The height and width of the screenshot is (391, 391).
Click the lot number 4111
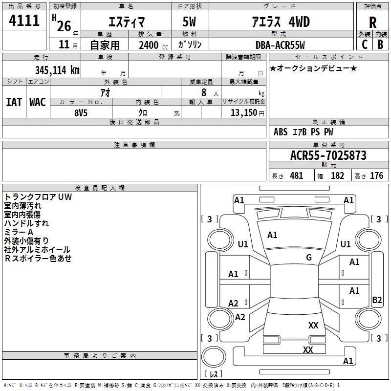click(24, 20)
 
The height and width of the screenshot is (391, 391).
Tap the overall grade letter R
click(372, 22)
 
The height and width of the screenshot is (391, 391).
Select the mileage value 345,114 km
click(57, 70)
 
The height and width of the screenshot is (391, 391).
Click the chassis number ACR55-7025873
click(328, 155)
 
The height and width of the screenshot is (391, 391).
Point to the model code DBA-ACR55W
click(280, 45)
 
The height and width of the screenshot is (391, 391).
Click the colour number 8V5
click(81, 113)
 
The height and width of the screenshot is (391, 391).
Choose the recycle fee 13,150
click(243, 112)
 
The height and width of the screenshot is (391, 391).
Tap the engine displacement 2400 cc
click(153, 45)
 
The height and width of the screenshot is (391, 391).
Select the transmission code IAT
click(14, 102)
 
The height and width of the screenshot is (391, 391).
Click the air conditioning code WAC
click(38, 102)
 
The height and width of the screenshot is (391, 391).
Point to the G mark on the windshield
click(309, 257)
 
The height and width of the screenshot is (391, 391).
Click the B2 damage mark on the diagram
click(377, 300)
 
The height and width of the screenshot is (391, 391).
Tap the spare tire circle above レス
click(214, 357)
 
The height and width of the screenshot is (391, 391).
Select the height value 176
click(376, 175)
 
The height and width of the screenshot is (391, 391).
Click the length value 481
click(297, 175)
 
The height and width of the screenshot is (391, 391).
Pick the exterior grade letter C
click(365, 44)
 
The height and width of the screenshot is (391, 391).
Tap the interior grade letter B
click(380, 44)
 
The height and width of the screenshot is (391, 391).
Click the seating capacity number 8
click(204, 92)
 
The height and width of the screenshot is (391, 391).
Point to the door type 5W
click(189, 22)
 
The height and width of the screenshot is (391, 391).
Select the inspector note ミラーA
click(19, 232)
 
